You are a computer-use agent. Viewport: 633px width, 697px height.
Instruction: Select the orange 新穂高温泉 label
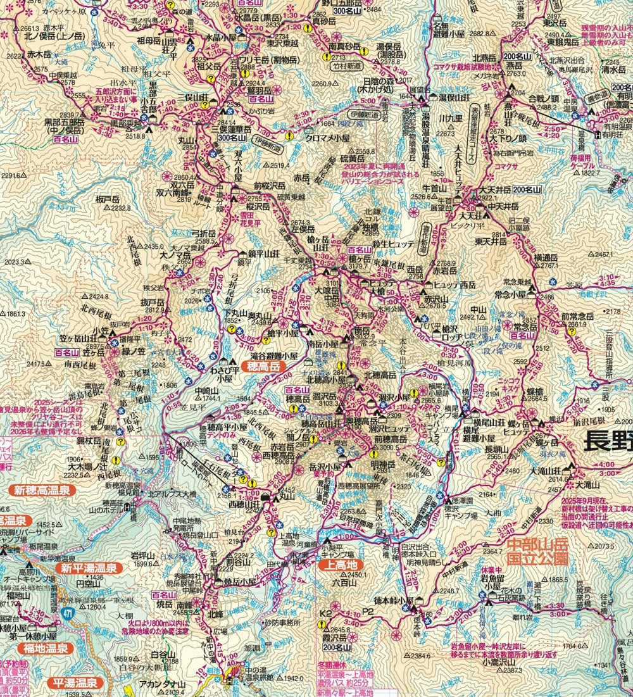[42, 489]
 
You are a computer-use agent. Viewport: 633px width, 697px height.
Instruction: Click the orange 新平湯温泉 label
[89, 568]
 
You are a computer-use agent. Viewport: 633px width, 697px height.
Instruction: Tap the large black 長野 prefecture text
[606, 440]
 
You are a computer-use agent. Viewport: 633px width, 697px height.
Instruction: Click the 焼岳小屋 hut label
[239, 581]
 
